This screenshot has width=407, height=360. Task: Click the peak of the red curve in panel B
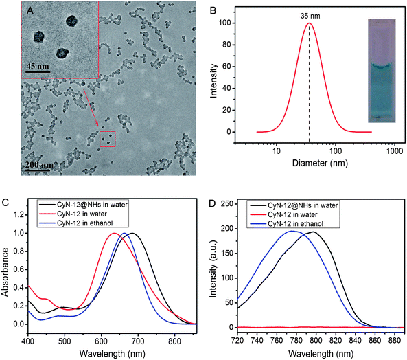(x=310, y=23)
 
